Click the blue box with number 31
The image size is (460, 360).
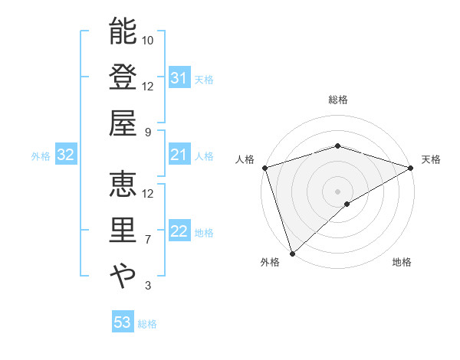(179, 79)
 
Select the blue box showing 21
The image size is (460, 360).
(179, 155)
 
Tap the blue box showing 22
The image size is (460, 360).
(179, 232)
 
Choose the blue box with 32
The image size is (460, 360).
(66, 155)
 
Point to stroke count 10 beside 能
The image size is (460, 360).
(148, 40)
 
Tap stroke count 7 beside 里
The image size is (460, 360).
(148, 240)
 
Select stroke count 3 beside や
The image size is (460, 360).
(148, 286)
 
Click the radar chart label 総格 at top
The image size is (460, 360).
(337, 100)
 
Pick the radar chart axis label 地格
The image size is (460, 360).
(402, 263)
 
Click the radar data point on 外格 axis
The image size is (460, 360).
(292, 253)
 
